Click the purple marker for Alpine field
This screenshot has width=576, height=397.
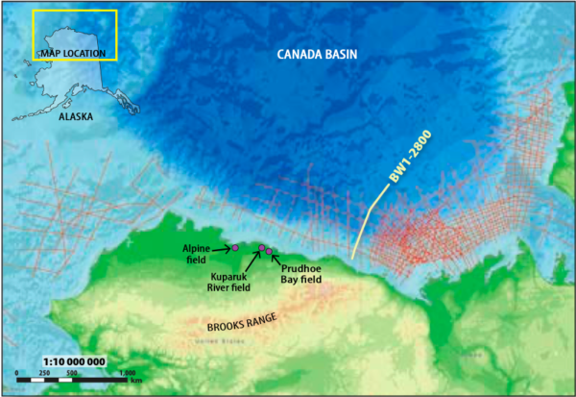pos(234,248)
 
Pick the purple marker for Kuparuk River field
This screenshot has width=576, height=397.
pos(260,249)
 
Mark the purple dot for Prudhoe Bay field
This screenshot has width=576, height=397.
pos(269,252)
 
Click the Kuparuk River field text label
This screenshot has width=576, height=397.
pos(230,280)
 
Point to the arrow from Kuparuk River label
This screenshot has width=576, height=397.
pos(252,261)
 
